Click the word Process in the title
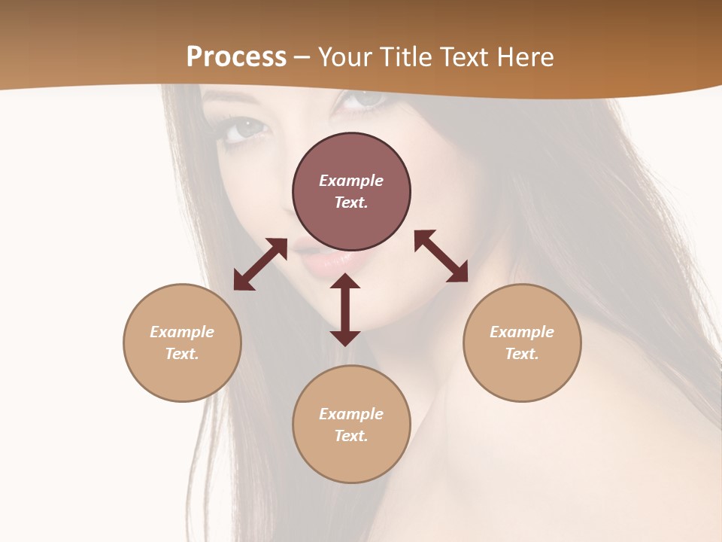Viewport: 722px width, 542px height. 236,57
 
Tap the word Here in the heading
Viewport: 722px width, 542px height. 524,57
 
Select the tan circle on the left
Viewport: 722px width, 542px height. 182,376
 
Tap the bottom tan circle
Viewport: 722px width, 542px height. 351,459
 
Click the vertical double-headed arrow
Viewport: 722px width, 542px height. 345,309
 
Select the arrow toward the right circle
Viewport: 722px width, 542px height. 441,256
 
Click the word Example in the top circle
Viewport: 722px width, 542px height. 351,181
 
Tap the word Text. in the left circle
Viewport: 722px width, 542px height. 182,354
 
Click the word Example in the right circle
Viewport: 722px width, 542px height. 522,332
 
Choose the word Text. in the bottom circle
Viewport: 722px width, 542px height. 351,436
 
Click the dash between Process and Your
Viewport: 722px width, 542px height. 302,58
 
